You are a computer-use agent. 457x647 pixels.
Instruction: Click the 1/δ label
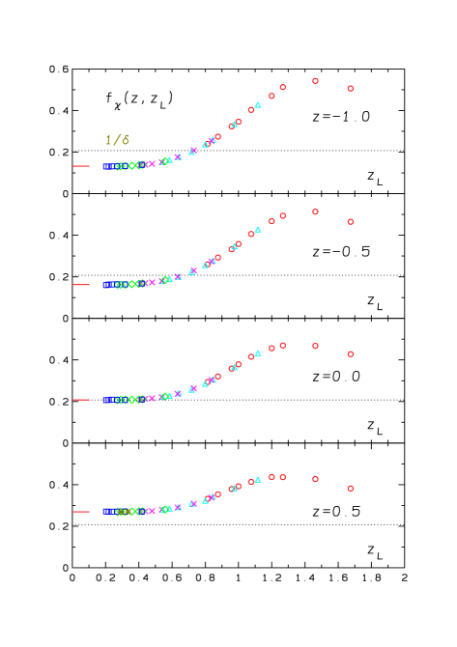point(117,141)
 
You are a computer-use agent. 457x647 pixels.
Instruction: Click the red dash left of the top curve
point(81,166)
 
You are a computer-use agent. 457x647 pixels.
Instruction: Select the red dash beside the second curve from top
point(81,285)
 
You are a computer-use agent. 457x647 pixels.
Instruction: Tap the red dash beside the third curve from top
point(81,400)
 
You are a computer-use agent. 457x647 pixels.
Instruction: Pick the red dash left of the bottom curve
point(81,512)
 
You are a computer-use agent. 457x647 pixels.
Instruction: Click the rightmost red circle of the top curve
point(350,89)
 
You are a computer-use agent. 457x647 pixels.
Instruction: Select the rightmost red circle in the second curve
point(350,222)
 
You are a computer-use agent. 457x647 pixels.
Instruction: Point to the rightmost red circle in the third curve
point(350,354)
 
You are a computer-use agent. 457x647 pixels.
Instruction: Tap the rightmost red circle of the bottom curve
point(350,489)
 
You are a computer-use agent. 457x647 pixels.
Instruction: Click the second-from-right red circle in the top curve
point(315,81)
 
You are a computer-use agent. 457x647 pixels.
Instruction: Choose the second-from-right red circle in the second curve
point(315,211)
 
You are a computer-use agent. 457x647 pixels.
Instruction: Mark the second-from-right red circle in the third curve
point(315,346)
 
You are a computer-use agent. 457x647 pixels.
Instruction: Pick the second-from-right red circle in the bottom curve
point(315,479)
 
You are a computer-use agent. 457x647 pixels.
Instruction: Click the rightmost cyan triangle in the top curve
point(258,104)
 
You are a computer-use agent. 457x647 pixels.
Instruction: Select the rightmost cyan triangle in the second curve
point(258,229)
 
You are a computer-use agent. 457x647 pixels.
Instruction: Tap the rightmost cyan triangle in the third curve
point(258,352)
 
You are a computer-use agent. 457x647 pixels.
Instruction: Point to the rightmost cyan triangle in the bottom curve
point(258,479)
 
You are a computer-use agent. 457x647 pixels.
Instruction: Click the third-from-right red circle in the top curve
point(282,87)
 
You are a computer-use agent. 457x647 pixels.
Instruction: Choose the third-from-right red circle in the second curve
point(282,215)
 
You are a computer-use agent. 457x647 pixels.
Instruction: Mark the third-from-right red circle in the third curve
point(282,345)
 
